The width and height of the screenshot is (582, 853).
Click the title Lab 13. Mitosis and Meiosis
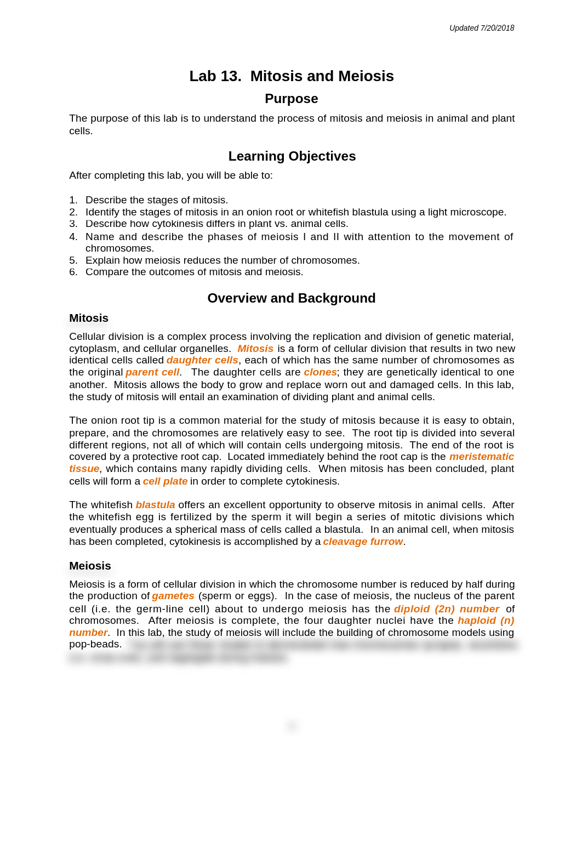(x=291, y=76)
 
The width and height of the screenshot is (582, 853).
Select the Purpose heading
(x=291, y=99)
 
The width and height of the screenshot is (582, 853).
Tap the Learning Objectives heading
(x=292, y=156)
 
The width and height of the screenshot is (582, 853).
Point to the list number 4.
(x=73, y=237)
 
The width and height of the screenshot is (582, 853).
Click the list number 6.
(x=73, y=272)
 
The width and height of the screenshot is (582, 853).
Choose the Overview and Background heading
(x=291, y=298)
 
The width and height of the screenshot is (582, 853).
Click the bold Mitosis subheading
(x=89, y=318)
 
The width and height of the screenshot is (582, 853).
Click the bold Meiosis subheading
(x=90, y=566)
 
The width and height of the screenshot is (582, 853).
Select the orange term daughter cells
(x=202, y=360)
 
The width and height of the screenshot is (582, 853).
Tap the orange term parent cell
(x=152, y=372)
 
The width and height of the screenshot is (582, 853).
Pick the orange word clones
(x=320, y=372)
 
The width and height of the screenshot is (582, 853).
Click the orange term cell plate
(x=165, y=481)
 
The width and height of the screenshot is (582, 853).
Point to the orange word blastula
(x=155, y=505)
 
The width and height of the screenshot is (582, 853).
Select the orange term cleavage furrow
(x=363, y=542)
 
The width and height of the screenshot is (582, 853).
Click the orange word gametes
(x=173, y=596)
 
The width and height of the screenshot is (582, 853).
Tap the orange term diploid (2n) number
(x=446, y=609)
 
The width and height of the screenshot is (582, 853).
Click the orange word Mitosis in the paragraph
(x=255, y=349)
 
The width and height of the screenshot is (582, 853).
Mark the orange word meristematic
(x=481, y=457)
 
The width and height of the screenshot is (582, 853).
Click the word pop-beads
(x=95, y=644)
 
